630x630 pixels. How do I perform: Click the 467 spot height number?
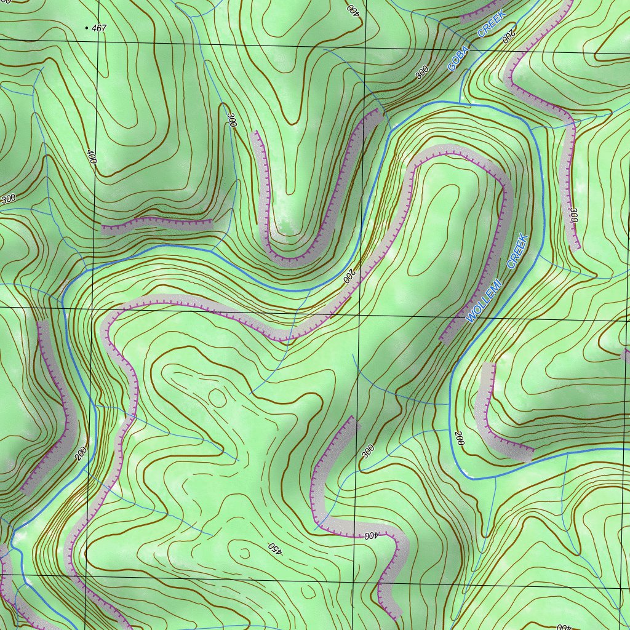coord(99,28)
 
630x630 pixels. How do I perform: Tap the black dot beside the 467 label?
coord(86,28)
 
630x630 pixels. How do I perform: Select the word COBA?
coord(458,58)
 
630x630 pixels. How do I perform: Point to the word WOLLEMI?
coord(485,301)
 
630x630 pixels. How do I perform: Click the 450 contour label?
coord(274,548)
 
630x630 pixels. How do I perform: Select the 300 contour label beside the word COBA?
coord(422,73)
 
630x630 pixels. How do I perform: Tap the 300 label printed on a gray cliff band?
coord(573,215)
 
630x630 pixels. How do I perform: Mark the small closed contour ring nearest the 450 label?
coord(244,553)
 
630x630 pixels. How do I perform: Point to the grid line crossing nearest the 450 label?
coord(356,579)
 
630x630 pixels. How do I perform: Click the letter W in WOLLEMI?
coord(471,319)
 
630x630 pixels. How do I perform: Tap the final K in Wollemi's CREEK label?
coord(524,237)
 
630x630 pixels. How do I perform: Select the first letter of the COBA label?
coord(452,68)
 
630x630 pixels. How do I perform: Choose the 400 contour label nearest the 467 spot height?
coord(92,160)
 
